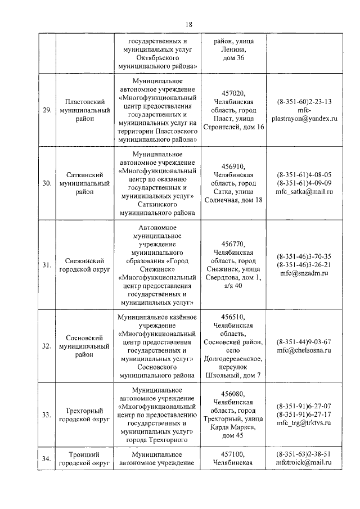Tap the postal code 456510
(x=234, y=316)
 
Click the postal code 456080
(x=234, y=393)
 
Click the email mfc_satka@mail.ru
(x=304, y=192)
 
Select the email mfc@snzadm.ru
(x=304, y=273)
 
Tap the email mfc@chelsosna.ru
(x=304, y=350)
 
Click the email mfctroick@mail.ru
(x=304, y=463)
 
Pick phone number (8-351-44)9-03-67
(x=304, y=341)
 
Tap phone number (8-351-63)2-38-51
(x=304, y=454)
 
